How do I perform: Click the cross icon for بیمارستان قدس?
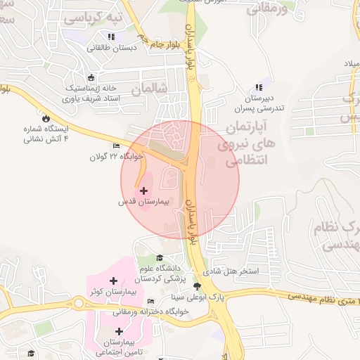[144, 191]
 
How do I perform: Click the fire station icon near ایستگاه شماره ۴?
[46, 119]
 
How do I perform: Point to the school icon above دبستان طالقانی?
[111, 37]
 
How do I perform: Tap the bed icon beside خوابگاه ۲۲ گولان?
[117, 146]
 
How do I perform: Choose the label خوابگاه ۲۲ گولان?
[116, 156]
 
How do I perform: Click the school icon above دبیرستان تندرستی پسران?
[259, 87]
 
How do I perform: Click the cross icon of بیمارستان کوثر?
[113, 281]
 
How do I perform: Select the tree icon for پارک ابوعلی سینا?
[198, 286]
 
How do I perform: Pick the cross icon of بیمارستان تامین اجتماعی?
[119, 330]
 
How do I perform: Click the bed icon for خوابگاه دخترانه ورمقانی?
[150, 301]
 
